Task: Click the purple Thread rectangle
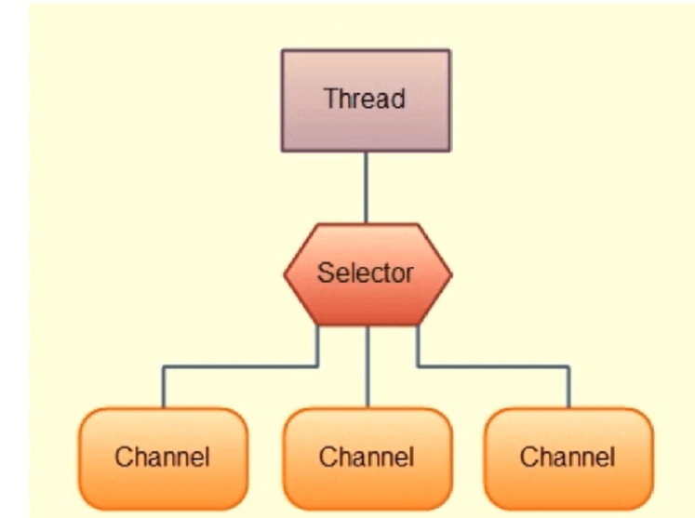pos(367,100)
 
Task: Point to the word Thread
pos(365,99)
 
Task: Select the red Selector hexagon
pos(368,274)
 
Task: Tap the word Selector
pos(366,273)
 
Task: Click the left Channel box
pos(164,459)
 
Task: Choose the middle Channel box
pos(368,459)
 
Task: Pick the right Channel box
pos(568,459)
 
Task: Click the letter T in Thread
pos(331,98)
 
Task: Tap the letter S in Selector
pos(326,273)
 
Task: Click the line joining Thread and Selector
pos(367,188)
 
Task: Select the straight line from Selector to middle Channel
pos(368,367)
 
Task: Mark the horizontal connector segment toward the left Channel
pos(240,366)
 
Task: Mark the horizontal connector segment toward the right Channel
pos(493,366)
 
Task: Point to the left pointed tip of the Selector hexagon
pos(284,274)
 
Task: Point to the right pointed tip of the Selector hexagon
pos(451,274)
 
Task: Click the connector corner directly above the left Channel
pos(164,366)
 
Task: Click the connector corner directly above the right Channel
pos(568,366)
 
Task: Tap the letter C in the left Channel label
pos(123,457)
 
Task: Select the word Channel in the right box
pos(568,457)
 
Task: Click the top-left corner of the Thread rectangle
pos(282,49)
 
